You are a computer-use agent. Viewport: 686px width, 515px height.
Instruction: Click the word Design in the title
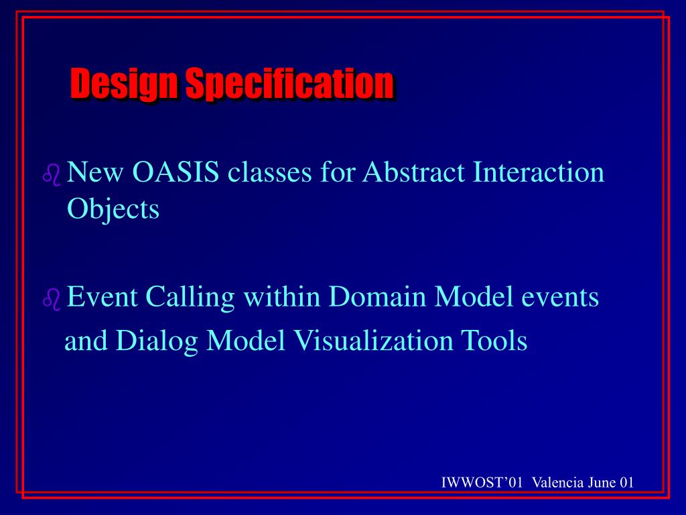click(124, 83)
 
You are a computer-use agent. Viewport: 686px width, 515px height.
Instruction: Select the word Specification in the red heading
click(289, 83)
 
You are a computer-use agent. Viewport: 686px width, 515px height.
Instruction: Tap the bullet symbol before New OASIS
click(52, 175)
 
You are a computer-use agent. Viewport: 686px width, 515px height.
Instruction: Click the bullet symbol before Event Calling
click(52, 300)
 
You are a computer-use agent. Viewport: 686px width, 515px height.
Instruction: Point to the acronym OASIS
click(176, 172)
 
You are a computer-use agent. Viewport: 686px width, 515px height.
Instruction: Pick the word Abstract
click(413, 172)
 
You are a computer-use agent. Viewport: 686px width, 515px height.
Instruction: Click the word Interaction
click(539, 172)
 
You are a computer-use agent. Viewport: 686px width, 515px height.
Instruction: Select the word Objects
click(113, 209)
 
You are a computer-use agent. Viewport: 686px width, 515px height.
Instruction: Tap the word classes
click(269, 172)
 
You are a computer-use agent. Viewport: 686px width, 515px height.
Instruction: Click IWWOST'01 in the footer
click(482, 483)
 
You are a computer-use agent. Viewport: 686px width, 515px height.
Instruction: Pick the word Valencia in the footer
click(558, 483)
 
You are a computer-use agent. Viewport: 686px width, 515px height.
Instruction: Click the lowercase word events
click(560, 297)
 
